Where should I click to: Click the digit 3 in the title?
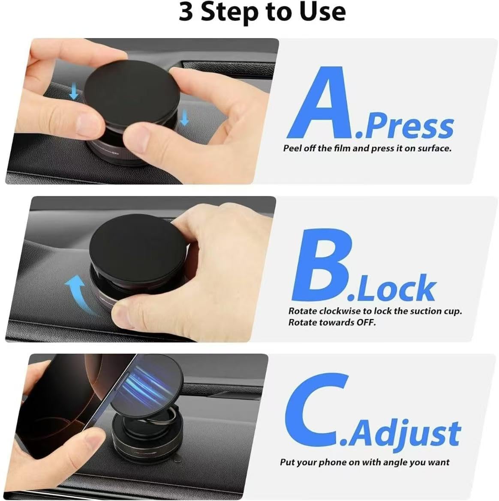[186, 12]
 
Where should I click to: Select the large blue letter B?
[322, 265]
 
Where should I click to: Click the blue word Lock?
[392, 288]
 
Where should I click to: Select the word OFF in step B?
[366, 322]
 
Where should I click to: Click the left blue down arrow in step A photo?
[74, 91]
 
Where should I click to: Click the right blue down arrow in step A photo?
[184, 117]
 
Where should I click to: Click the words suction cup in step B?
[428, 311]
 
